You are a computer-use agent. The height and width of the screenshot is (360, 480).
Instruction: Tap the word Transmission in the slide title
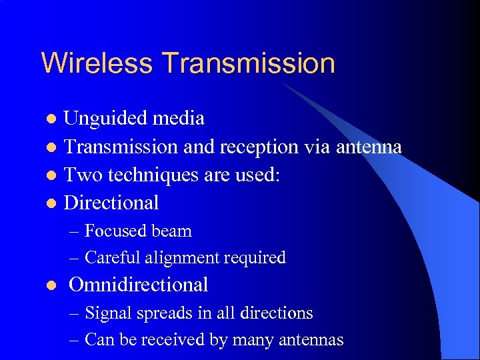click(x=248, y=63)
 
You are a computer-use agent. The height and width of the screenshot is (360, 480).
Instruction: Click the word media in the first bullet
click(x=178, y=119)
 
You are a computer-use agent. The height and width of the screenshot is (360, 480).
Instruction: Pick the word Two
click(x=79, y=174)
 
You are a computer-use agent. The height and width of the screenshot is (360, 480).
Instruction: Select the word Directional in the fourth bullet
click(x=111, y=202)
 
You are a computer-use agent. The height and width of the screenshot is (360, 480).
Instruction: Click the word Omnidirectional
click(x=139, y=285)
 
